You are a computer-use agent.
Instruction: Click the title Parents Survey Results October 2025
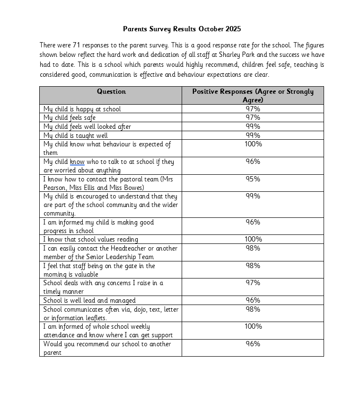point(182,29)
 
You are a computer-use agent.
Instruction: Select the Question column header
point(111,91)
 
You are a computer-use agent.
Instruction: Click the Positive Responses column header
point(253,95)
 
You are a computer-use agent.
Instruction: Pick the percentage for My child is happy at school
point(253,109)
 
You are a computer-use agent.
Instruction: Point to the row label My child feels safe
point(70,117)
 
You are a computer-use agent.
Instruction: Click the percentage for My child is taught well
point(253,135)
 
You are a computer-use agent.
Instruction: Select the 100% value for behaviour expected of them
point(253,144)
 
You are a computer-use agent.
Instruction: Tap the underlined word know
point(77,162)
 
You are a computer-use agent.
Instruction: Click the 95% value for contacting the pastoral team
point(253,179)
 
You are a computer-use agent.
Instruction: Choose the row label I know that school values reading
point(91,240)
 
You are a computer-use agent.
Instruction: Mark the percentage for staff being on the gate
point(253,266)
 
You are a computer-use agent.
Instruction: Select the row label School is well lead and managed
point(89,300)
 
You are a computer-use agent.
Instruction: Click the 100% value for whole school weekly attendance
point(253,326)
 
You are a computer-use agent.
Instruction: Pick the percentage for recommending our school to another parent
point(253,344)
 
